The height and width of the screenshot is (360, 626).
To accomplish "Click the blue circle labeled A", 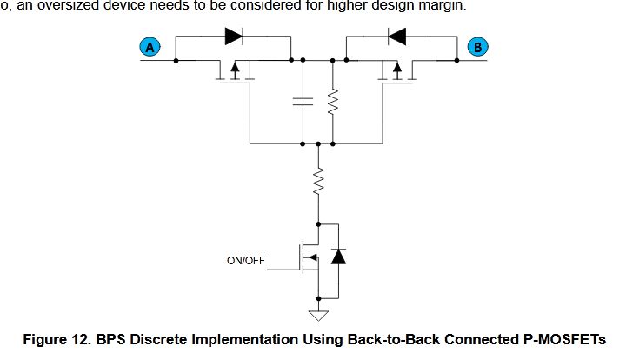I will pos(150,48).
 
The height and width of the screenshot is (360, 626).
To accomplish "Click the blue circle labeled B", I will pos(476,47).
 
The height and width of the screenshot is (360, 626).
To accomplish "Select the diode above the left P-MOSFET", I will pos(233,37).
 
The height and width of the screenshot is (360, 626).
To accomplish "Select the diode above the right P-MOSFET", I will pos(398,37).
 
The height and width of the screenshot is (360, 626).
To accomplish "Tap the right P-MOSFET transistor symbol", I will pos(396,71).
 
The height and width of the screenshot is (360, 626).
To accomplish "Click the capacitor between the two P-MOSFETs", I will pos(303,102).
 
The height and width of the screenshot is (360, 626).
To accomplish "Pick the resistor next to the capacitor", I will pos(333,102).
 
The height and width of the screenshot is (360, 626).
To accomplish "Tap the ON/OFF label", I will pos(245,259).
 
